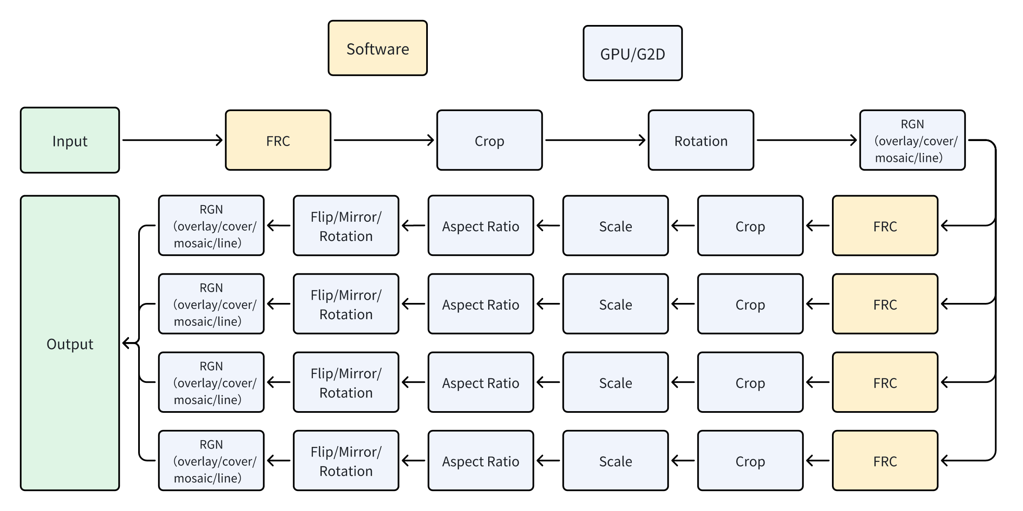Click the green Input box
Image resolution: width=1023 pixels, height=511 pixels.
(70, 140)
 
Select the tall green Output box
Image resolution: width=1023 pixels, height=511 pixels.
(70, 343)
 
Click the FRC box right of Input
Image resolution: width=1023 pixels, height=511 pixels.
(278, 140)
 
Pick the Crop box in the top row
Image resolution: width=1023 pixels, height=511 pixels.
(489, 140)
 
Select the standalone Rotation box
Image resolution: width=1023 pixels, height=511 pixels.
(701, 140)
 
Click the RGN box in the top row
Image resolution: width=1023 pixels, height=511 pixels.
(912, 140)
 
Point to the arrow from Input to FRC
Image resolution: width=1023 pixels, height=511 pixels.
(172, 140)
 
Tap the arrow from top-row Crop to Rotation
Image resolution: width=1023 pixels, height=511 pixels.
(595, 140)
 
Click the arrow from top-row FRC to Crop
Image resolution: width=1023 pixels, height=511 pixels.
(384, 140)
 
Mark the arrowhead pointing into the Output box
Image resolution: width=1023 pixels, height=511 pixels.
(126, 343)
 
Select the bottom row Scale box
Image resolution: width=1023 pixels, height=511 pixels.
(616, 461)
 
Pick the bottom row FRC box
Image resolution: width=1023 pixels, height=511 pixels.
(885, 461)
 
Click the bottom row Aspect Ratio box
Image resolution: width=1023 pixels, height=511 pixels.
(481, 461)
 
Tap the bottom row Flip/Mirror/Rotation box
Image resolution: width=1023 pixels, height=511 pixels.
(346, 461)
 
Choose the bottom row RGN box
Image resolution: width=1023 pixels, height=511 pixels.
(211, 461)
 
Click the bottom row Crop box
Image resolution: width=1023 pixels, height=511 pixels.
(750, 461)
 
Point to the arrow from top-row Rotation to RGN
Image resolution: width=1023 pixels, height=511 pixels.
(807, 140)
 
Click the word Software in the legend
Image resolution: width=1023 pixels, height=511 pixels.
(377, 49)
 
